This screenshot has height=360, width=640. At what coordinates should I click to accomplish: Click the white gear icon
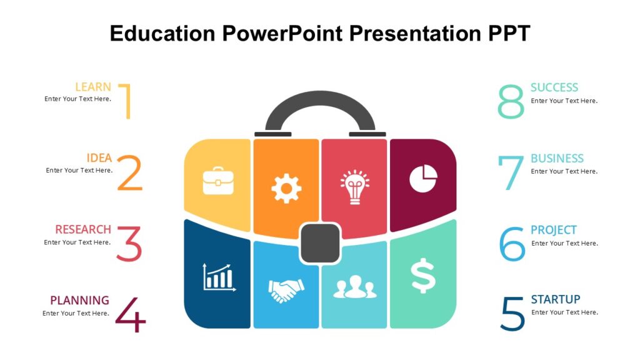(286, 187)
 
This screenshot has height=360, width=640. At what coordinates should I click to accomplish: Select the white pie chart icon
(423, 178)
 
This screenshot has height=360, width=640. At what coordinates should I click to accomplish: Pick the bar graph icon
(218, 277)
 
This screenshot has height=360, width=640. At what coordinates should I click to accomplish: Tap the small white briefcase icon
(218, 180)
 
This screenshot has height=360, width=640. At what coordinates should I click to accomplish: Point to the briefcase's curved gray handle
(320, 100)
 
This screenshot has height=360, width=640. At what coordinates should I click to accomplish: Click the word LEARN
(93, 87)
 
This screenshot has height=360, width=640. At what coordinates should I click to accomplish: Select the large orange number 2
(129, 173)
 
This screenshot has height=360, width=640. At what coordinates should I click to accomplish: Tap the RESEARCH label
(83, 229)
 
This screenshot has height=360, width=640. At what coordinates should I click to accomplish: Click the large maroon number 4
(131, 315)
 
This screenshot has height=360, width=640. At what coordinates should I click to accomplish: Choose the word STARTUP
(555, 299)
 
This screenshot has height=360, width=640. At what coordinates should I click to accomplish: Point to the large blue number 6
(512, 244)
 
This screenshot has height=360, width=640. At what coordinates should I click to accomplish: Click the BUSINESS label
(557, 159)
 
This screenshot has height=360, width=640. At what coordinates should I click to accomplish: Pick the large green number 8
(511, 102)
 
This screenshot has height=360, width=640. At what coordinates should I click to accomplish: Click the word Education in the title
(163, 33)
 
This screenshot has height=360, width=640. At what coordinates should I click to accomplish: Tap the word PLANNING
(79, 301)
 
